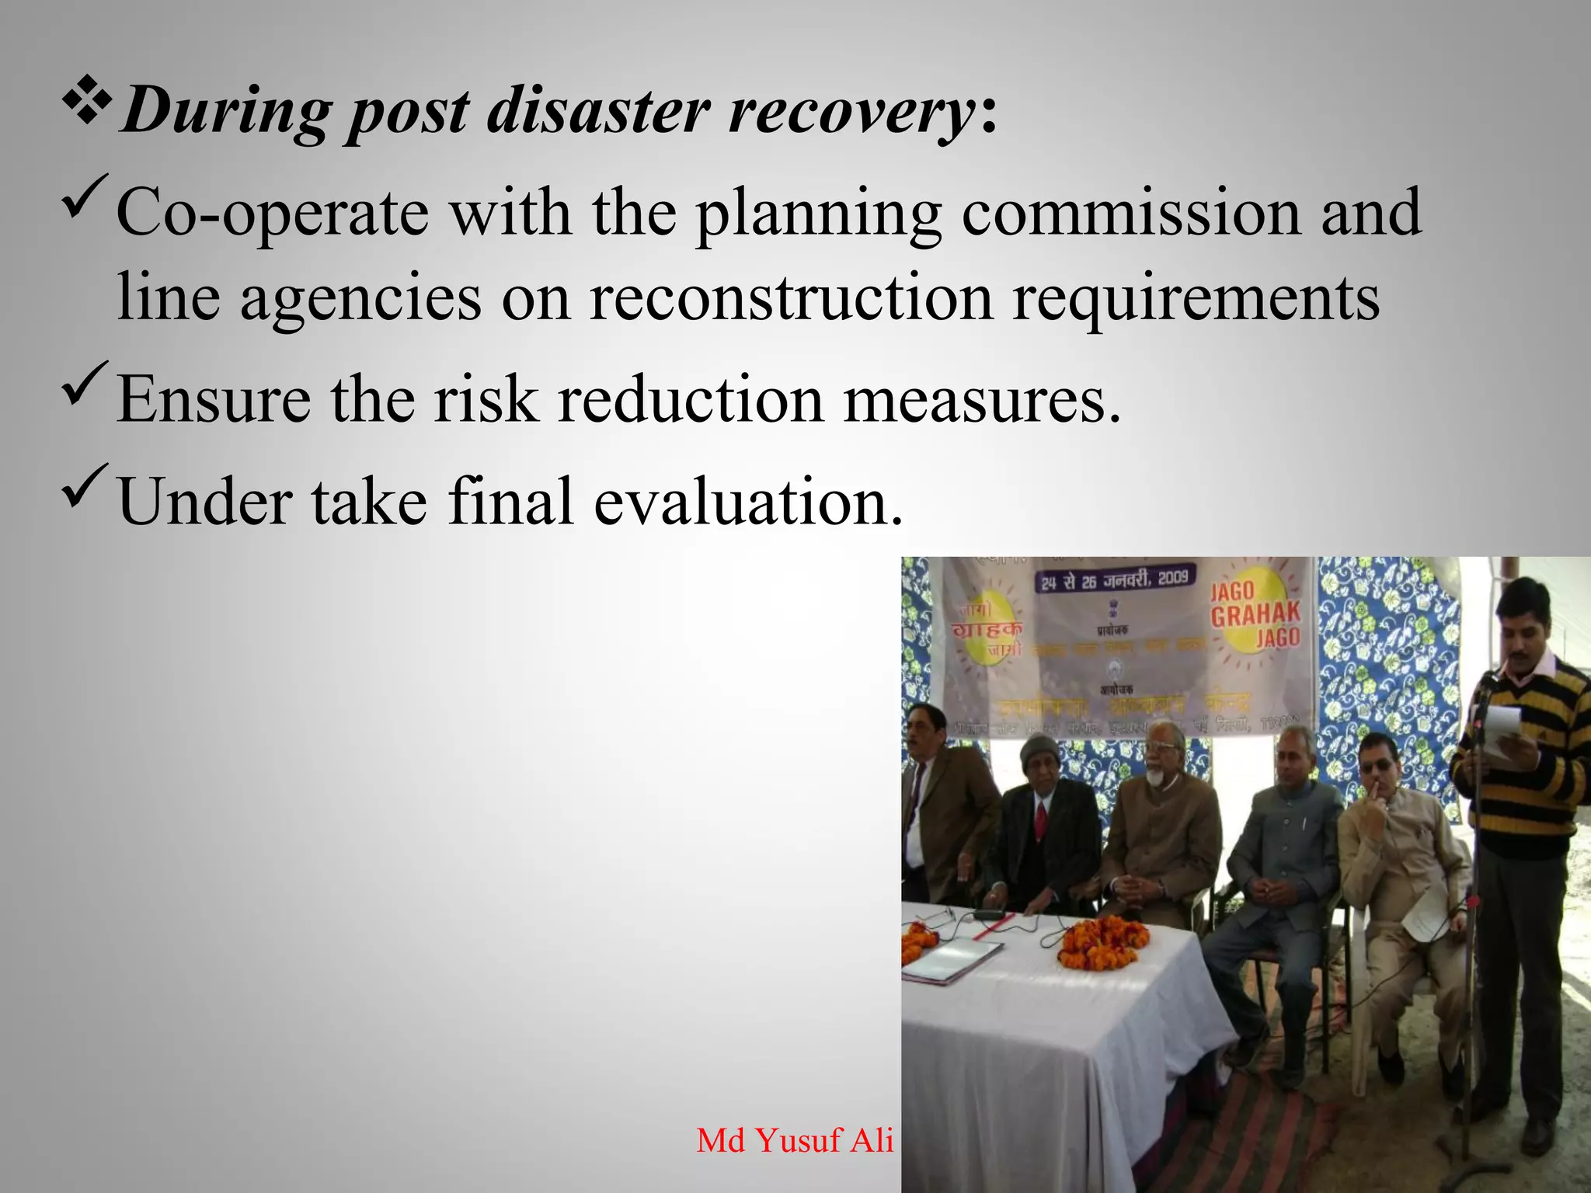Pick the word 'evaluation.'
pyautogui.click(x=749, y=502)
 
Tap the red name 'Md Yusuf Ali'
pyautogui.click(x=795, y=1140)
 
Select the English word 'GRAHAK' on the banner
pyautogui.click(x=1255, y=614)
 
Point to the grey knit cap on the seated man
pyautogui.click(x=1039, y=750)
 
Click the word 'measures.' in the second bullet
pyautogui.click(x=982, y=400)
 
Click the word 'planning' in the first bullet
pyautogui.click(x=818, y=214)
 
